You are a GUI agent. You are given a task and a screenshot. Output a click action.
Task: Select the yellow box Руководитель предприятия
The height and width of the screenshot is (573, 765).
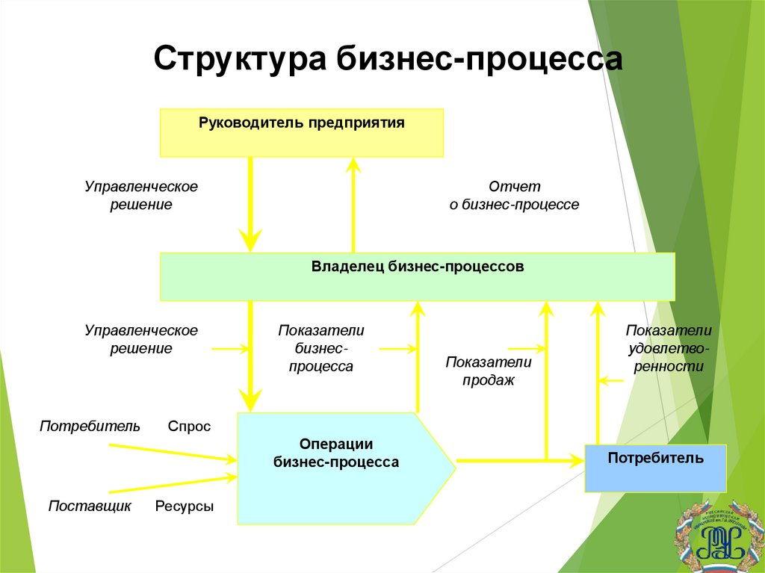tap(302, 132)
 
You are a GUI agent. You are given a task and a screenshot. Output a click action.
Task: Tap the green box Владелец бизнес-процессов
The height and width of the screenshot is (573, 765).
tap(418, 276)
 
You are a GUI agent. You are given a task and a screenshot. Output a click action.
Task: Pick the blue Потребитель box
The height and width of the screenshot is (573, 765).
tap(655, 468)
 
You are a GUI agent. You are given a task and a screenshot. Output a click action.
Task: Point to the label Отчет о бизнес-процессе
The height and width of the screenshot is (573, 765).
tap(514, 195)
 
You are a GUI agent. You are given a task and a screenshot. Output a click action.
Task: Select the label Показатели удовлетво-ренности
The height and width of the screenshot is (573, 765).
tap(669, 348)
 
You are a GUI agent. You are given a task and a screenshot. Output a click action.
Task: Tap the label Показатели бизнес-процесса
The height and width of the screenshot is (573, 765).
tap(321, 348)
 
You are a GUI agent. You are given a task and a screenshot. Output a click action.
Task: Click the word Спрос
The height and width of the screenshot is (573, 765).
tap(189, 427)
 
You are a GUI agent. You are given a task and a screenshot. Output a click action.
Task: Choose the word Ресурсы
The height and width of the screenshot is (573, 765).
tap(185, 507)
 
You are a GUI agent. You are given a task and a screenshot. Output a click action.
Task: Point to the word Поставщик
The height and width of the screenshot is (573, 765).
tap(90, 507)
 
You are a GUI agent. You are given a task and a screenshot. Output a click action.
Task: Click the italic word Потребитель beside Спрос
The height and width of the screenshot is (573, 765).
tap(90, 427)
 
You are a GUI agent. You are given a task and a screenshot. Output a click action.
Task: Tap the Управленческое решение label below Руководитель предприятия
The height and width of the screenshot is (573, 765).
tap(140, 194)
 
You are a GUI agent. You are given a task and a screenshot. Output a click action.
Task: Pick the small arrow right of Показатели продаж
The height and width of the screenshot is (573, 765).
tap(527, 348)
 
